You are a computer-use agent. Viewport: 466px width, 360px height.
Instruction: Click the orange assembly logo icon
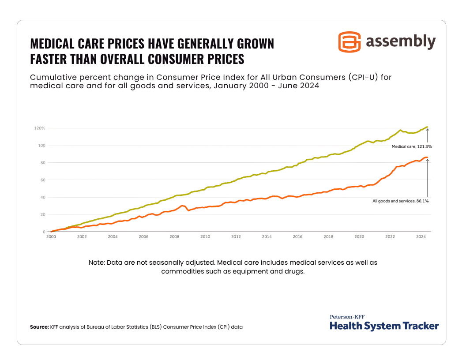point(349,42)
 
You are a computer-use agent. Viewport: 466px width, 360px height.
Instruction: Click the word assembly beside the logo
point(401,41)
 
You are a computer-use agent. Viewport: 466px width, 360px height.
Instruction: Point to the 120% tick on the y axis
point(40,128)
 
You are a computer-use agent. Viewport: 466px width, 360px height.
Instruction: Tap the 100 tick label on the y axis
point(41,145)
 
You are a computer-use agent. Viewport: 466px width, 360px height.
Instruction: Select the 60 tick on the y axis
point(42,180)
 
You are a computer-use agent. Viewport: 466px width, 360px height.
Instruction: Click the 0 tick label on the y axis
point(44,232)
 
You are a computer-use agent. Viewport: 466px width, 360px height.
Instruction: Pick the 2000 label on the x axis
point(51,237)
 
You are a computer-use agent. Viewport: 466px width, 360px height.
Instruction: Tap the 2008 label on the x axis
point(174,237)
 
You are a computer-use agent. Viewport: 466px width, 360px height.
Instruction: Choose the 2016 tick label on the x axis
point(297,237)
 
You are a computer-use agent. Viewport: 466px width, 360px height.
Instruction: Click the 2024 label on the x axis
point(421,237)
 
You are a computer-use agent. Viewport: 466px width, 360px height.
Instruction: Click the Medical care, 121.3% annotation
point(412,146)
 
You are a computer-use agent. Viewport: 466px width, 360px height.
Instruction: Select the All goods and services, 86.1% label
point(401,201)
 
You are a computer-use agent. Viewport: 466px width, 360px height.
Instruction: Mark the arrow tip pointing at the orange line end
point(428,159)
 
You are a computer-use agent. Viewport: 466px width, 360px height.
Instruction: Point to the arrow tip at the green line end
point(427,128)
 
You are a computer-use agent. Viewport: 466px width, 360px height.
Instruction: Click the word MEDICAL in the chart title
point(53,44)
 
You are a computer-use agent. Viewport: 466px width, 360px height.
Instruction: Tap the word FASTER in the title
point(49,59)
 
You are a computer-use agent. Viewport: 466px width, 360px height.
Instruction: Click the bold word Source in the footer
point(39,327)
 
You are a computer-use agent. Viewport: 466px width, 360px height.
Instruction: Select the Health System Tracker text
point(384,326)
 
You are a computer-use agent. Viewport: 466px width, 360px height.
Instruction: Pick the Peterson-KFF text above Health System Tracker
point(347,317)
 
